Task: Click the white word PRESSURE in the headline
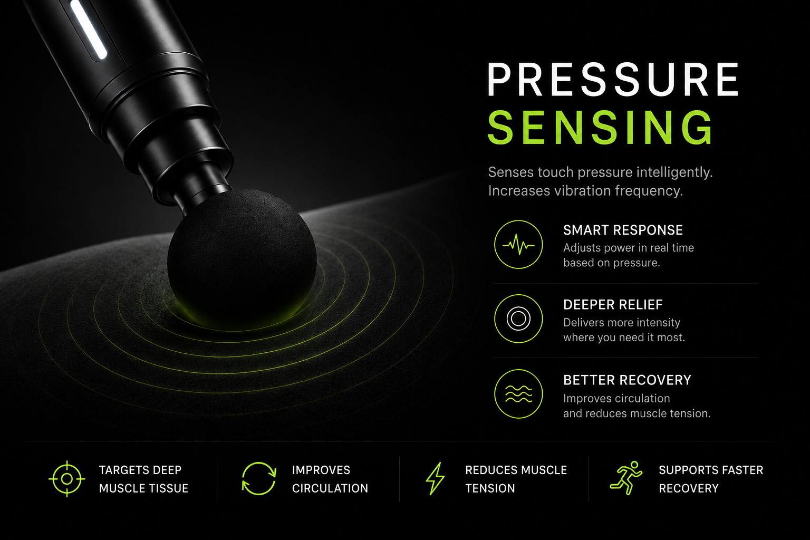[x=613, y=80]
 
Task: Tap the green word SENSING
[x=601, y=128]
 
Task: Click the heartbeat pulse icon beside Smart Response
[x=518, y=245]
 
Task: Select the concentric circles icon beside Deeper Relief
[x=518, y=319]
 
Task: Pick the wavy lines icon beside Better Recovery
[x=518, y=394]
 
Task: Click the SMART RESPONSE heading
[x=623, y=230]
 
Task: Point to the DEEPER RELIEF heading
[x=613, y=305]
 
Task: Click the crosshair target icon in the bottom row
[x=67, y=479]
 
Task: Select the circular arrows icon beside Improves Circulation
[x=259, y=478]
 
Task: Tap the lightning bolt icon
[x=435, y=478]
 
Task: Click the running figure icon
[x=626, y=478]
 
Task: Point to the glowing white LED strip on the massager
[x=89, y=29]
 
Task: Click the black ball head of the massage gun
[x=242, y=259]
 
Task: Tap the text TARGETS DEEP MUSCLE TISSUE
[x=143, y=479]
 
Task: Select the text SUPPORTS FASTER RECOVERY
[x=711, y=479]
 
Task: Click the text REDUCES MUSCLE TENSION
[x=516, y=479]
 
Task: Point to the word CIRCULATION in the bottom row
[x=330, y=488]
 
